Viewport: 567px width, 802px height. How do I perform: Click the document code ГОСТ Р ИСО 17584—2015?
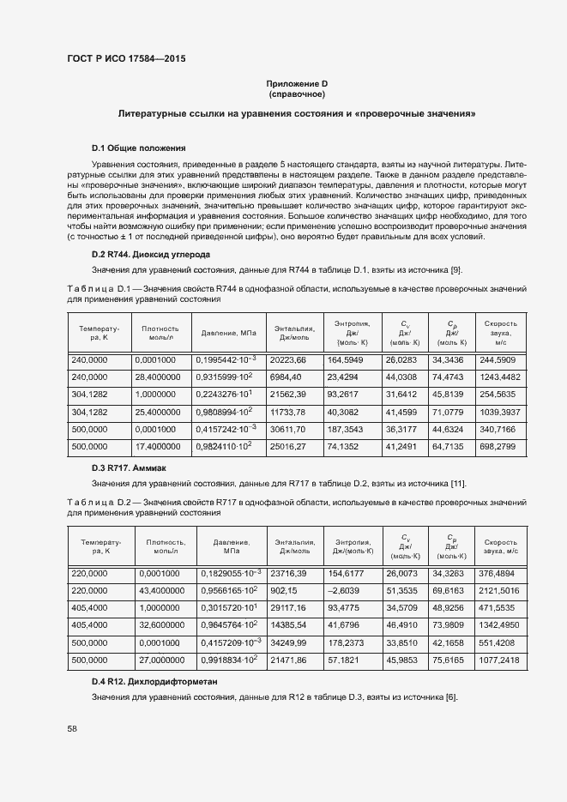[125, 59]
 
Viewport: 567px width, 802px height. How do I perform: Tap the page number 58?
[71, 728]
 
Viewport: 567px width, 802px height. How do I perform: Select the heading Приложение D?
[297, 83]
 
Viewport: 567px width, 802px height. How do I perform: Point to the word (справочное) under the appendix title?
[297, 93]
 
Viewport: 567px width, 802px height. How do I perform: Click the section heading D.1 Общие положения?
[138, 148]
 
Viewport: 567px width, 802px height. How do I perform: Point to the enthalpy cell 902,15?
[283, 591]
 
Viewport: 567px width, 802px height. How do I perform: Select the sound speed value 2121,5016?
[498, 591]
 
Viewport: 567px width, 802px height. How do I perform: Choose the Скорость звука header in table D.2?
[500, 546]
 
